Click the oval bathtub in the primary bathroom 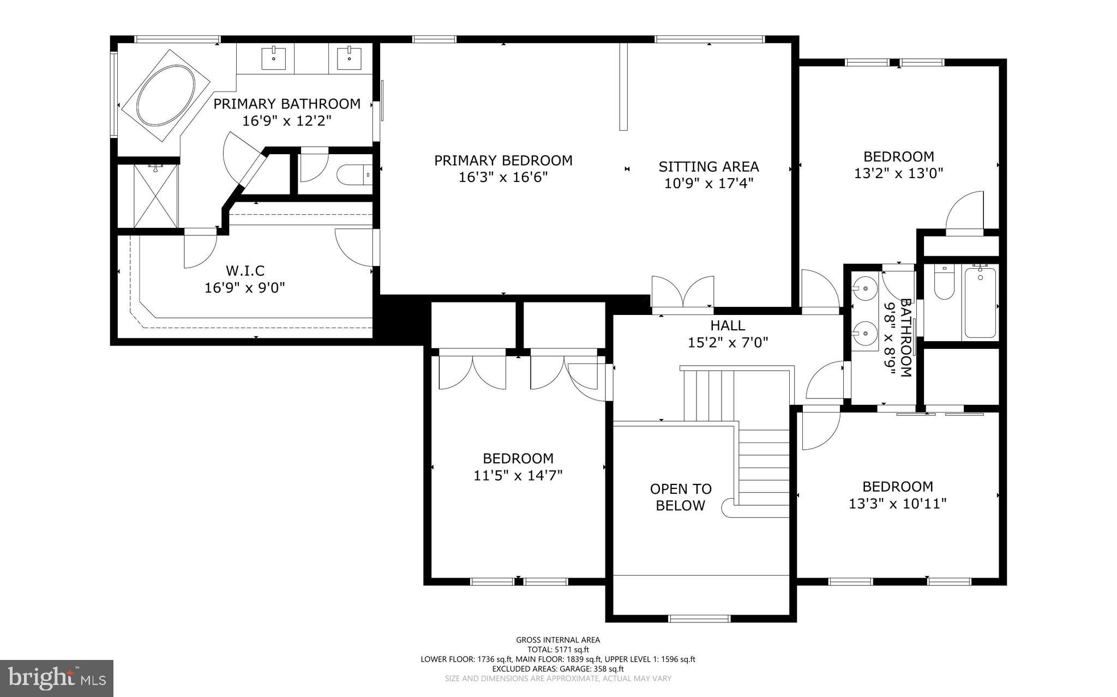[165, 96]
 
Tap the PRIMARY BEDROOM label [503, 160]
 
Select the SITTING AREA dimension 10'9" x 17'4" [708, 183]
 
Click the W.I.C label [245, 270]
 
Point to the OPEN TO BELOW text [680, 497]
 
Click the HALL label [727, 326]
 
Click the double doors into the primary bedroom [682, 295]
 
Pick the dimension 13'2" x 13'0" [898, 173]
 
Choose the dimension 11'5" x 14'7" [518, 476]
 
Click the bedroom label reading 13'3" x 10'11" [897, 504]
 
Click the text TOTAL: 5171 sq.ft [557, 650]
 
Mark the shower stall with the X [156, 196]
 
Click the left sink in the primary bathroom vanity [273, 58]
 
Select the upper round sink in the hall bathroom [864, 286]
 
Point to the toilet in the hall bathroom [943, 284]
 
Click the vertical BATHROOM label [905, 338]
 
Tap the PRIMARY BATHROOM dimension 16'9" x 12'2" [286, 120]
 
